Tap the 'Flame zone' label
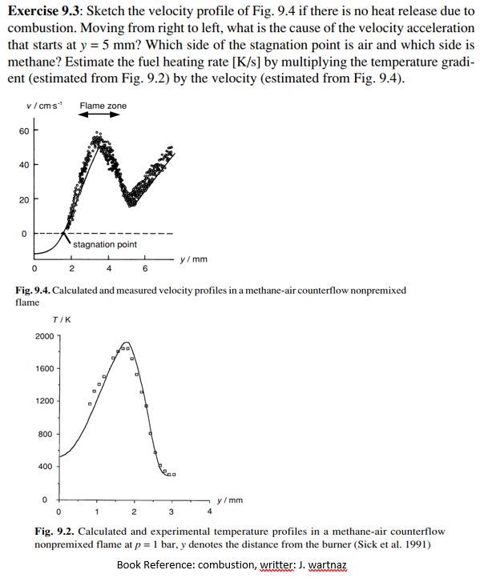point(103,106)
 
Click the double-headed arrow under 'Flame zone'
point(103,115)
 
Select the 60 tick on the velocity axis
point(24,130)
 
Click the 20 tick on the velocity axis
point(24,199)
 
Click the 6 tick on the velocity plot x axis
point(144,268)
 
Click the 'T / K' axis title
point(62,320)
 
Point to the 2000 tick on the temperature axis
point(45,336)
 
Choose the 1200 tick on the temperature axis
point(45,401)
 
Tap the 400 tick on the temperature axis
point(46,466)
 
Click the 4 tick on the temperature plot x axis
point(209,511)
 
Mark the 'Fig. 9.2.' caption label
point(54,532)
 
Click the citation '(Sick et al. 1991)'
point(405,544)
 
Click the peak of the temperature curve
point(126,343)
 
